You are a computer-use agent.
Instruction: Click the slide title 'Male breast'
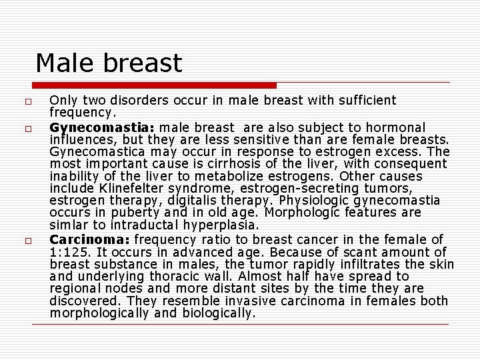coord(108,63)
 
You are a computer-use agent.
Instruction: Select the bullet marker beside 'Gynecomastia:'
coord(21,127)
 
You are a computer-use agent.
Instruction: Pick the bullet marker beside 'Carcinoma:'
coord(21,240)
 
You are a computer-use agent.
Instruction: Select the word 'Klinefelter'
coord(124,189)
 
